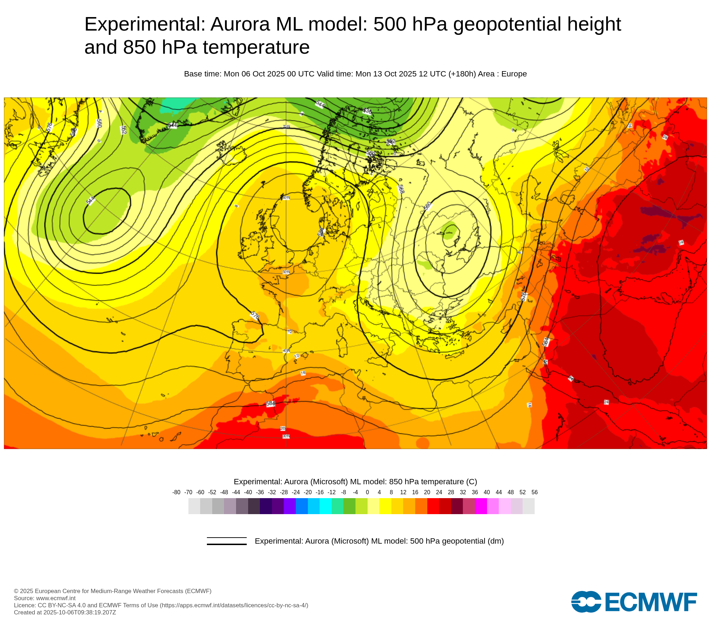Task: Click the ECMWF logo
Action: pos(634,602)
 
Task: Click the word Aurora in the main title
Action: pos(240,24)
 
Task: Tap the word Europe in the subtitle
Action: pos(514,74)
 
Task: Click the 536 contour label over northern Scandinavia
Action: pos(367,111)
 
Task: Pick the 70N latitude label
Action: pos(286,127)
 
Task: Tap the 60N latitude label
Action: pos(286,198)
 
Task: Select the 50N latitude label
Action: pos(286,272)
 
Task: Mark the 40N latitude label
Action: pos(286,351)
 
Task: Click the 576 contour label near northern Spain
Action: pos(255,315)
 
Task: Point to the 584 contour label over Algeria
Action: pos(271,404)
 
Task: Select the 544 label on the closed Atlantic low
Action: pos(91,200)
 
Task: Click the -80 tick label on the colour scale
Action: pos(176,492)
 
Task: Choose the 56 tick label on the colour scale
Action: pos(534,492)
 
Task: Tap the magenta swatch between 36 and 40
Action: pos(481,506)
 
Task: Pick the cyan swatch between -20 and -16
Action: pos(314,506)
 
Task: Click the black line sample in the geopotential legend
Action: pos(227,541)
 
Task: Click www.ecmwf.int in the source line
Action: pos(56,598)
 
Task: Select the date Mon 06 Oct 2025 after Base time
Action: pos(255,74)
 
